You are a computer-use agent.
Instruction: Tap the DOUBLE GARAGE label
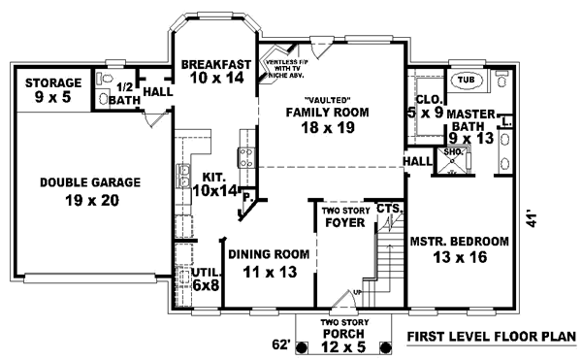click(x=90, y=190)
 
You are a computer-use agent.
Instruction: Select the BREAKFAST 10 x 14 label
click(x=216, y=72)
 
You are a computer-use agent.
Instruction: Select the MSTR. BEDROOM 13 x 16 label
click(x=460, y=250)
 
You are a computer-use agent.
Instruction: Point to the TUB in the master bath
click(x=467, y=79)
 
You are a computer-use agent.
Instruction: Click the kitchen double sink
click(x=182, y=176)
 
